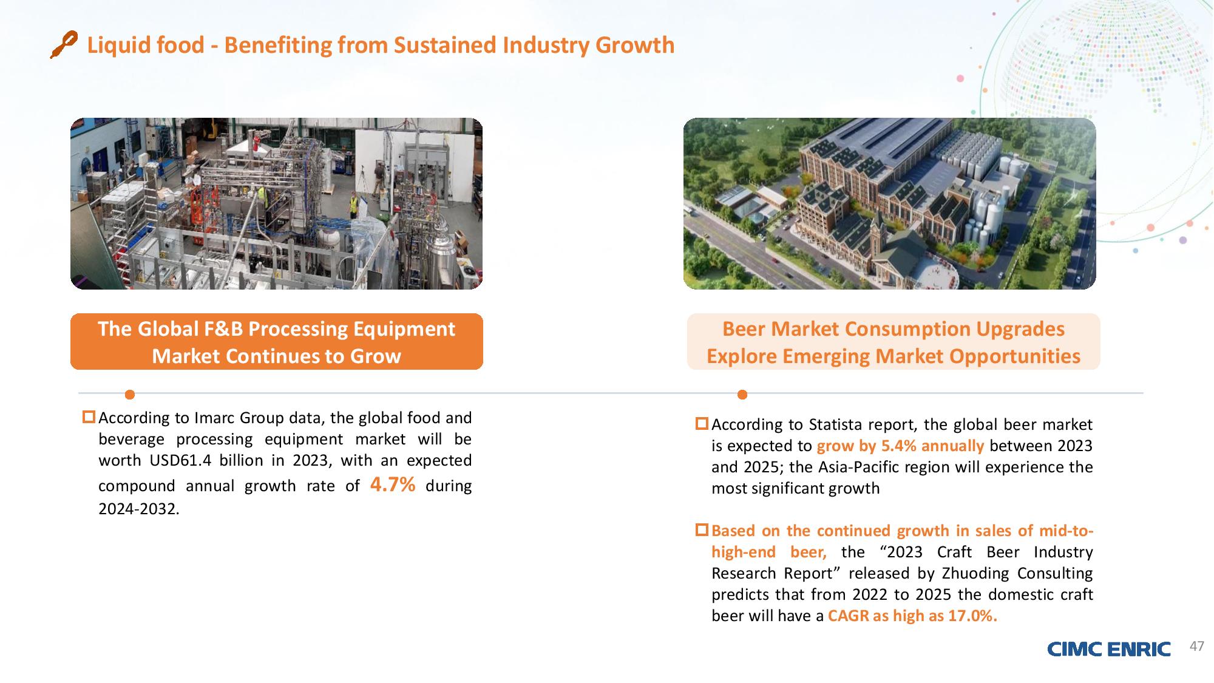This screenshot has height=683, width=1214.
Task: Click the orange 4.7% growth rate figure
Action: point(393,484)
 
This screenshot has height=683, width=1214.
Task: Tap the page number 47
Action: point(1196,647)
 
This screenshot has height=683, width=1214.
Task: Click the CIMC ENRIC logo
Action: point(1108,649)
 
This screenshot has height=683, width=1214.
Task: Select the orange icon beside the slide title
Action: point(64,44)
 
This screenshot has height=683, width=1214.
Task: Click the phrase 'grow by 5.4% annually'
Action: point(900,446)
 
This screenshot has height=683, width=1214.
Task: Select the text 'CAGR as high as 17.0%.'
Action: point(912,616)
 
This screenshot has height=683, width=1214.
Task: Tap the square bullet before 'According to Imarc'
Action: point(89,417)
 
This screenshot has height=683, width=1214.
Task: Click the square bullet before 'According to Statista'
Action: point(702,423)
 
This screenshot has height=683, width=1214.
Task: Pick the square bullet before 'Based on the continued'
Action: point(702,529)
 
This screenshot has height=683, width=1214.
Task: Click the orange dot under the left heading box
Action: point(129,395)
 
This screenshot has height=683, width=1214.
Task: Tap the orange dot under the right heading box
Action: point(742,395)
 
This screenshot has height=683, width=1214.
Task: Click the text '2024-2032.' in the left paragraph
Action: point(139,509)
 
